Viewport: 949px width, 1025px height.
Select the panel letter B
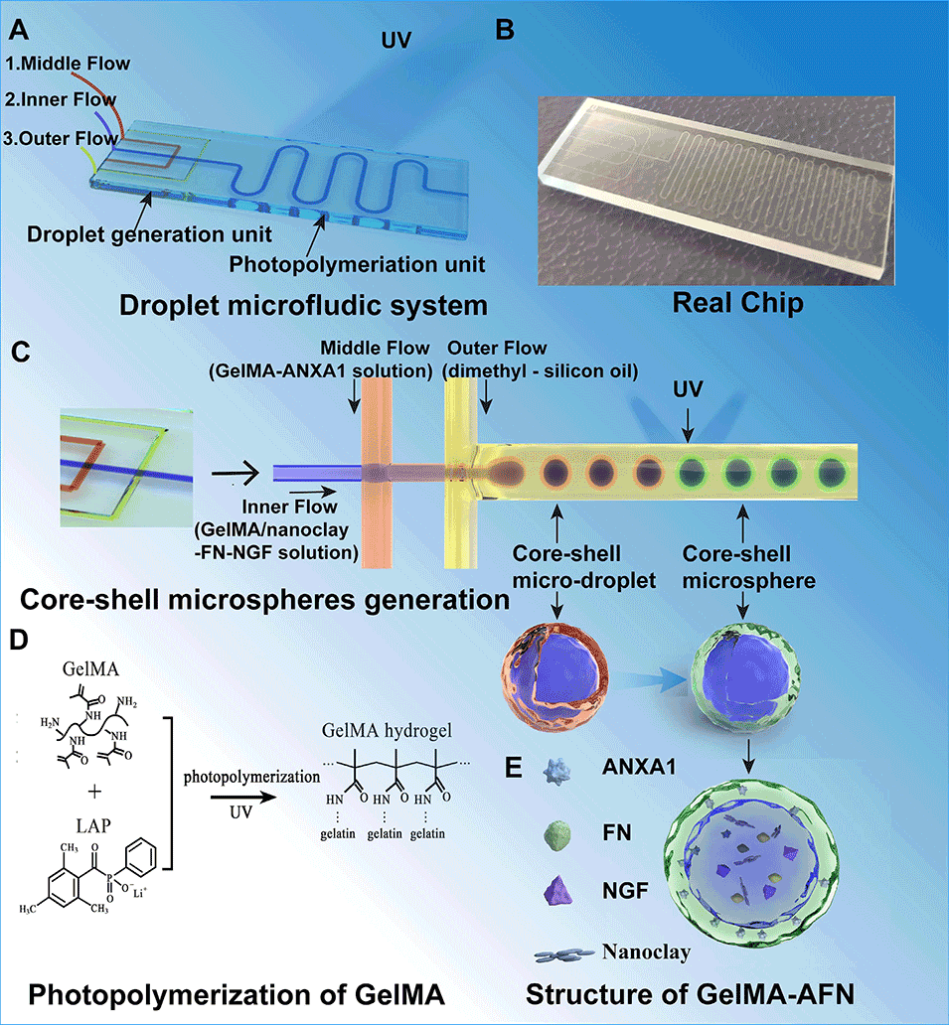click(x=506, y=30)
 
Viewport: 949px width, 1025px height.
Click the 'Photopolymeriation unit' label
click(x=358, y=265)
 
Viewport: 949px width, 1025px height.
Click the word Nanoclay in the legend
click(x=645, y=952)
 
